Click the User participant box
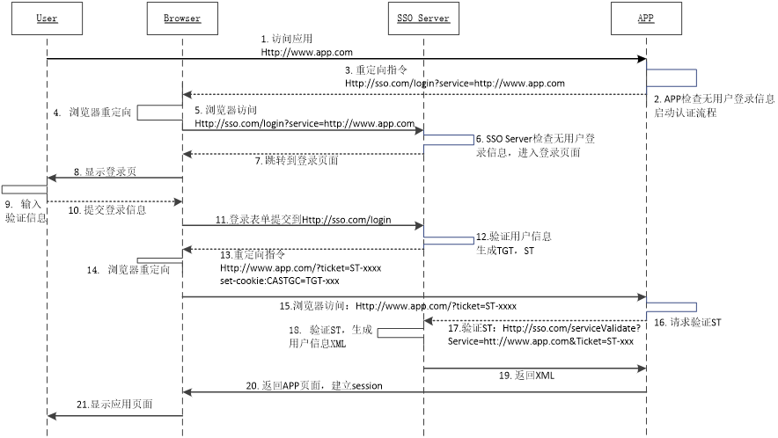coord(48,18)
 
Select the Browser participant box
coord(182,18)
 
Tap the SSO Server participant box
coord(423,18)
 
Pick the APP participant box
coord(646,18)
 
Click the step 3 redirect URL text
coord(454,84)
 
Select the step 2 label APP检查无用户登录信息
coord(714,99)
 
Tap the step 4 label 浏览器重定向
coord(92,113)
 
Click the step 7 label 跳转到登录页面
coord(297,160)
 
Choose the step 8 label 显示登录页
coord(106,172)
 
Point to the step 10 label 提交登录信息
coord(107,210)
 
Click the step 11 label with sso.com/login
coord(303,220)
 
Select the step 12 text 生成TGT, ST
coord(505,251)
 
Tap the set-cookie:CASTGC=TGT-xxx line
coord(280,281)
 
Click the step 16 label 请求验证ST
coord(687,323)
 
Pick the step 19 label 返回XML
coord(526,376)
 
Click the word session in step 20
coord(367,386)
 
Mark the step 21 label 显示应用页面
coord(114,405)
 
